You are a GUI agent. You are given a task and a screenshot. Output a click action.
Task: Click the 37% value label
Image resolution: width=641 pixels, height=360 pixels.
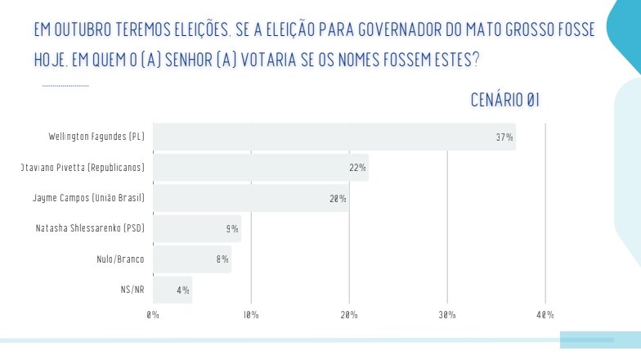point(504,137)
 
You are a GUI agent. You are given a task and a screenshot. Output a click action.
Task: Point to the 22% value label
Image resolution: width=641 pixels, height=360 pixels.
point(357,168)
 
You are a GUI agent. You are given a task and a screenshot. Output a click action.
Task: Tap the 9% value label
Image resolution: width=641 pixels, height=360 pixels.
point(232,229)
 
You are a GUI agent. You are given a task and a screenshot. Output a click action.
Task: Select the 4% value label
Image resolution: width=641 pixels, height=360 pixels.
point(183,290)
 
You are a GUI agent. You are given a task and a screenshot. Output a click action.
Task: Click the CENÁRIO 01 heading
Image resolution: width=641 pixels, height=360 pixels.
point(505,101)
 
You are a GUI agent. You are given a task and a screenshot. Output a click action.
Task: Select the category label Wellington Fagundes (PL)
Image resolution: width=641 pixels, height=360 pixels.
point(97,137)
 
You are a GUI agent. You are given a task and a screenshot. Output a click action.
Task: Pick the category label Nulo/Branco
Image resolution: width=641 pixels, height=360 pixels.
point(121,259)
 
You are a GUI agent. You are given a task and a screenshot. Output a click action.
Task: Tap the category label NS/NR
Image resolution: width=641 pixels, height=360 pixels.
point(132,290)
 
